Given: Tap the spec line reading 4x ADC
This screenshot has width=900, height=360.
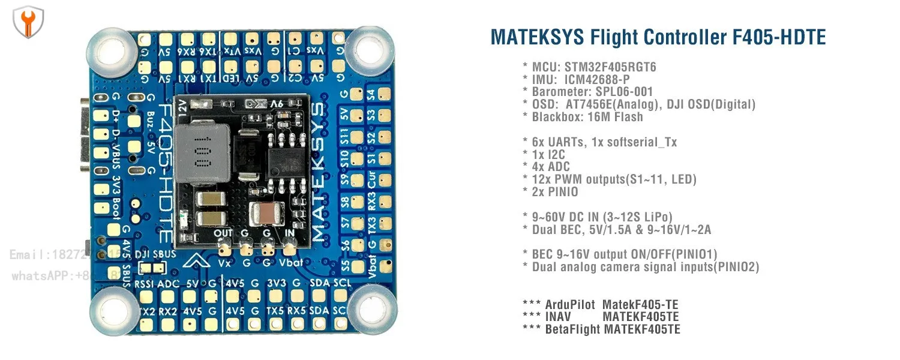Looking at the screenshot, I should coord(551,167).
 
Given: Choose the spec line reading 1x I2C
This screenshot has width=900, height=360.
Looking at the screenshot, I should coord(548,154).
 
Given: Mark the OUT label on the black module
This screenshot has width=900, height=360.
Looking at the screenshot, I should coord(223,233).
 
